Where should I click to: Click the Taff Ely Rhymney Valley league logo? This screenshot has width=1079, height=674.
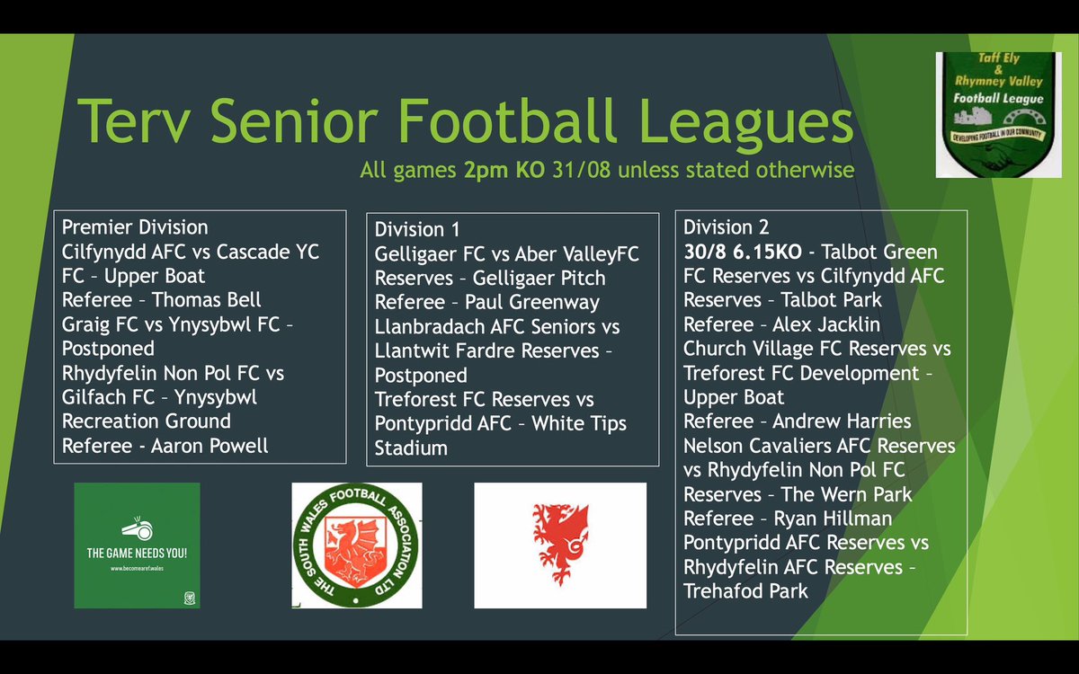pos(998,114)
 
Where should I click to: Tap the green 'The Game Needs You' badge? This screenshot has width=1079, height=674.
pos(137,545)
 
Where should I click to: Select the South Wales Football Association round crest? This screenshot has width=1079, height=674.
pos(357,545)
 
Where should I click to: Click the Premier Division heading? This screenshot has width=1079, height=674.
pos(135,227)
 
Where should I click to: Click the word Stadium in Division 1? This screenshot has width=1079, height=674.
pos(411,448)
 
